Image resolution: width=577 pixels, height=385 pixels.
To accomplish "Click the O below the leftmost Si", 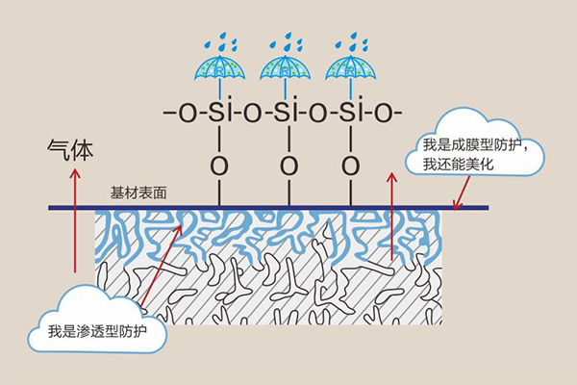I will [220, 165].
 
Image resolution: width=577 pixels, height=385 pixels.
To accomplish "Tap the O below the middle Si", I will [286, 165].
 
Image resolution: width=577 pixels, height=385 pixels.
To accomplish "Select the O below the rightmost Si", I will [349, 165].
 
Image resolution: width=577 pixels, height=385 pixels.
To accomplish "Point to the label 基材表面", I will [138, 192].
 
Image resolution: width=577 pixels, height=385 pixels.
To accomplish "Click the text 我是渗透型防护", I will [92, 337].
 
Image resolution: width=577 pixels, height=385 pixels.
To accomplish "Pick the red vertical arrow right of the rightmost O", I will [392, 217].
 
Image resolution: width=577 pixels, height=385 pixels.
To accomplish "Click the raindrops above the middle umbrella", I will [287, 41].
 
